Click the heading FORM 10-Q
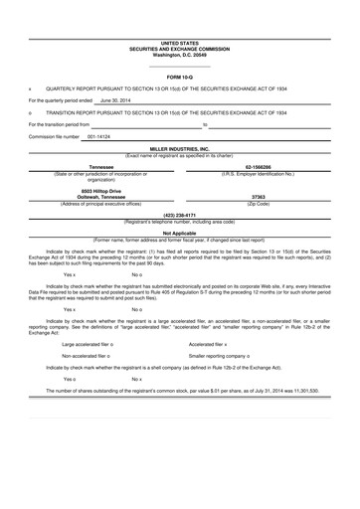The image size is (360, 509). coord(180,76)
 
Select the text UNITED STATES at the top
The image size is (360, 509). coord(180,44)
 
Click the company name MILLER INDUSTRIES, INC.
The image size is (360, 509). coord(180,148)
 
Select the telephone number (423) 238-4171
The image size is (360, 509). coord(180,214)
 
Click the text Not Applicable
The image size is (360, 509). coord(180,234)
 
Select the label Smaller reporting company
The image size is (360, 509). coord(223,355)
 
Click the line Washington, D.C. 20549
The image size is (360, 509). coord(180,54)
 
